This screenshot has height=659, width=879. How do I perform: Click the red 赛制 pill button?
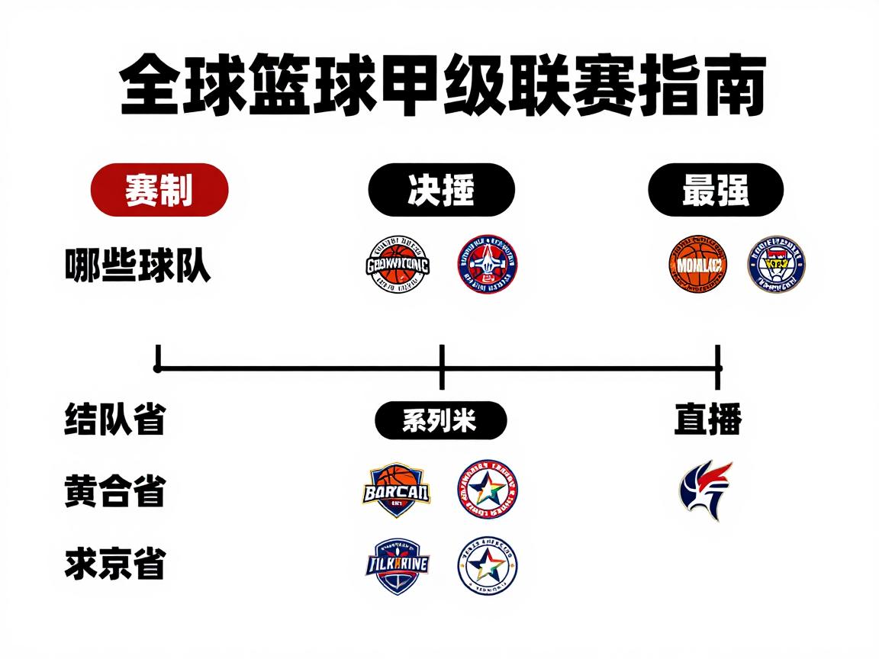pos(159,190)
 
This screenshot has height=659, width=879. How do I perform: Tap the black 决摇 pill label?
pos(441,190)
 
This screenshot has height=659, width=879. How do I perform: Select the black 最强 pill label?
pos(716,190)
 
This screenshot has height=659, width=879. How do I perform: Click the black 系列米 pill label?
pos(440,420)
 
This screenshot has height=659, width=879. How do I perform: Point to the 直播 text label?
pos(708,420)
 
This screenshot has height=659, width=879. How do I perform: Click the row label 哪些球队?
pos(137,266)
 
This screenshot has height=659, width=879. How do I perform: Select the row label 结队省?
pos(114,420)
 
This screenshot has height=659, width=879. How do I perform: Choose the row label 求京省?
pos(114,565)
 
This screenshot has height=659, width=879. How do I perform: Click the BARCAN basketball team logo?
pos(395,490)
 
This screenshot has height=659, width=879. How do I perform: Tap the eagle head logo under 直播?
pos(706,490)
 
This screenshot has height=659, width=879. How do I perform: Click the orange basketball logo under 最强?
pos(697,265)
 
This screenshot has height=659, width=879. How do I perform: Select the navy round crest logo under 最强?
pos(776,265)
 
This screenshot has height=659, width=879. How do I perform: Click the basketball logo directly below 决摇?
pos(398,265)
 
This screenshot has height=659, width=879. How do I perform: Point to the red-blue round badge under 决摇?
pos(487,265)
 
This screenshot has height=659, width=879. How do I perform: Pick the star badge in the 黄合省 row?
pos(487,490)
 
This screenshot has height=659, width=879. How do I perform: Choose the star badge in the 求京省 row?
pos(487,567)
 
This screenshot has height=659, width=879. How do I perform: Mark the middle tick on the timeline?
pos(442,368)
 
